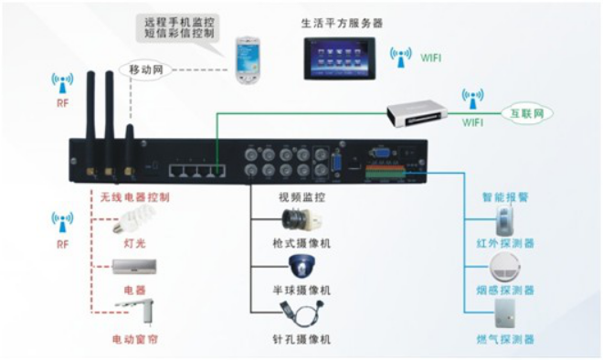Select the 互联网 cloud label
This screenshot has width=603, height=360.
coord(524,113)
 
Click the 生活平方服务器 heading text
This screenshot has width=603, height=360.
coord(343,21)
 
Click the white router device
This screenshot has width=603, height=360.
coord(418,111)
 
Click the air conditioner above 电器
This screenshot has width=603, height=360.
coord(134,267)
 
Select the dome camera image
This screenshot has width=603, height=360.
coord(302,267)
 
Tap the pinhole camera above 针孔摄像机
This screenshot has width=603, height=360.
coord(302,315)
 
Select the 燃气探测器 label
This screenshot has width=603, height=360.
coord(506,340)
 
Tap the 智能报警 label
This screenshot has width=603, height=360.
coord(506,196)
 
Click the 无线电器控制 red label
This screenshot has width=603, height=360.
coord(134,196)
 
